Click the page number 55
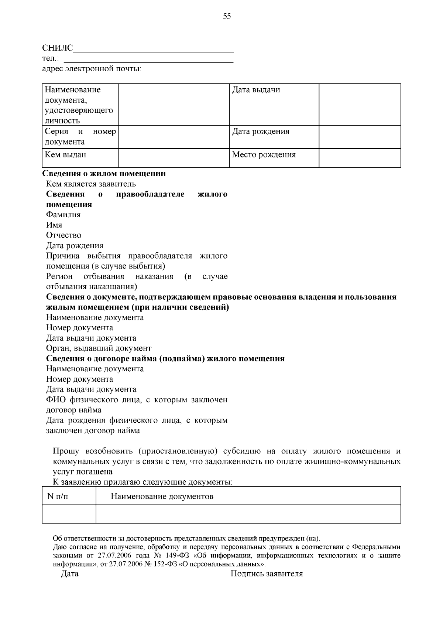[x=227, y=16]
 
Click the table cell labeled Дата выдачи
[x=274, y=104]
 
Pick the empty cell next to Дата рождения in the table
[x=360, y=137]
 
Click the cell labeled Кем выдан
[x=80, y=158]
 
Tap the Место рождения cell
[x=274, y=158]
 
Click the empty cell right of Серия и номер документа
[x=174, y=137]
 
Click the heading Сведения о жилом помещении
[x=104, y=174]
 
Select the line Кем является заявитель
[x=91, y=184]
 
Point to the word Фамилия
[x=63, y=215]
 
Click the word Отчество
[x=63, y=235]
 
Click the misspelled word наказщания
[x=116, y=287]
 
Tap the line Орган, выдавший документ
[x=99, y=348]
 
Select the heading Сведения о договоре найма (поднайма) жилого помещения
[x=165, y=358]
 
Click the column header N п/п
[x=58, y=496]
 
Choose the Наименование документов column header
[x=162, y=496]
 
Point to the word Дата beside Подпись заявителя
[x=69, y=574]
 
